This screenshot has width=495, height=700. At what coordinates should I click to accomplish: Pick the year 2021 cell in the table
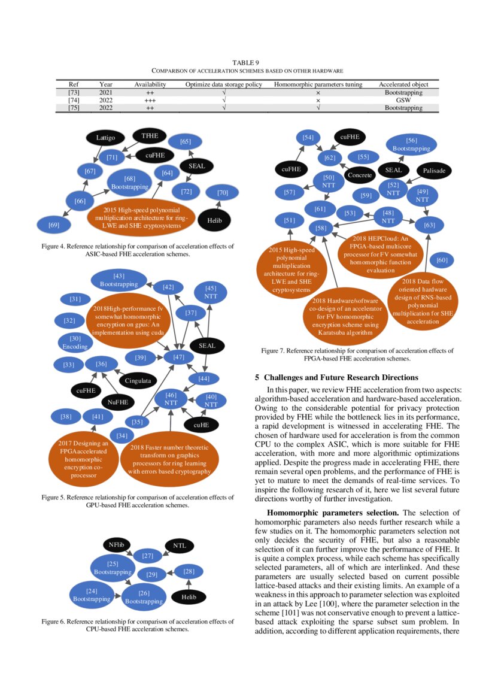coord(106,93)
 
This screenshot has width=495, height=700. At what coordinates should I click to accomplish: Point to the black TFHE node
coord(149,136)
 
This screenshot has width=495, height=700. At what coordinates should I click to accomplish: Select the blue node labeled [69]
coord(53,225)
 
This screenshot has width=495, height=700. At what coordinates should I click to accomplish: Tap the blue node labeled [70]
coord(223,193)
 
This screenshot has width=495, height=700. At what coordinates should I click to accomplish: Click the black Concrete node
coord(360,175)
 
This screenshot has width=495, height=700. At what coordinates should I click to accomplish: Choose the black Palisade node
coord(434,171)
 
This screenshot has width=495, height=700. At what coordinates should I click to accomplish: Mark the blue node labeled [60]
coord(442,260)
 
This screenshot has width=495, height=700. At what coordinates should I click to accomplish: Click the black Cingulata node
coord(138,380)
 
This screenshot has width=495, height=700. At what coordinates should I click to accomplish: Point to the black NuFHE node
coord(118,402)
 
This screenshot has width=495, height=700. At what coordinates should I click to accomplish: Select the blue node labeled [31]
coord(75,299)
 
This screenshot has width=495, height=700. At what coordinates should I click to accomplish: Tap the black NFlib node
coord(116,544)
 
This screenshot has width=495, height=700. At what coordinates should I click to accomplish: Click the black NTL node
coord(180,546)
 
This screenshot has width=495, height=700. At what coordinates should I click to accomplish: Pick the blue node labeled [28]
coord(189,571)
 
